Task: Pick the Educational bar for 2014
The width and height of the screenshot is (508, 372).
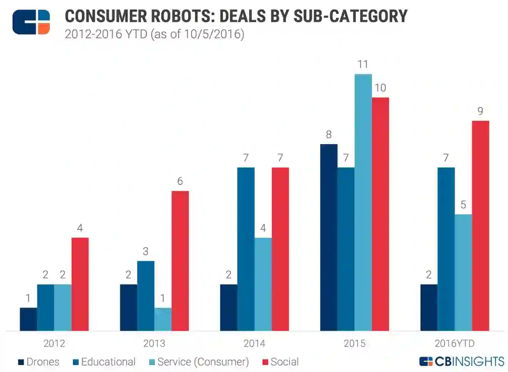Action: (x=246, y=249)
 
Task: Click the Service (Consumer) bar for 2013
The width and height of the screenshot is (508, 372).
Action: (x=163, y=319)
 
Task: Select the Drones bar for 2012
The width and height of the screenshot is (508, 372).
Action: (x=28, y=319)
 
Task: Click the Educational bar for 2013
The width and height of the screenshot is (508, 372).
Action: (x=146, y=296)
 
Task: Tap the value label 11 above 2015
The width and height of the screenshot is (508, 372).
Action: (x=363, y=64)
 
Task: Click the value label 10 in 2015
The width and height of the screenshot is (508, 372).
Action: (x=380, y=88)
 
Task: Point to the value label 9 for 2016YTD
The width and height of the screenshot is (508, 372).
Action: (x=480, y=111)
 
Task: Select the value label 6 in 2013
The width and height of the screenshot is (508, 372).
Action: (x=180, y=181)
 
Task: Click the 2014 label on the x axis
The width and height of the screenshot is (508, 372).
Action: (x=254, y=344)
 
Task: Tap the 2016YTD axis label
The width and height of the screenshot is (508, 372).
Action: (x=455, y=344)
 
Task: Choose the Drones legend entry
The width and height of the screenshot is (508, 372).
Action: (x=39, y=362)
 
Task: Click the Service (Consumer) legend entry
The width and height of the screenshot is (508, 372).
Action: (x=199, y=362)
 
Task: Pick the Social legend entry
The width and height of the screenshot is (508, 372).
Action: (x=281, y=362)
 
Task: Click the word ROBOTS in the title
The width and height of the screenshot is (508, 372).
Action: (x=182, y=16)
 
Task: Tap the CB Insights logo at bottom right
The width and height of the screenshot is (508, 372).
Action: (x=462, y=362)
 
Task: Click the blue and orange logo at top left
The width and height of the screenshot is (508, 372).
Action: (x=31, y=22)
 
